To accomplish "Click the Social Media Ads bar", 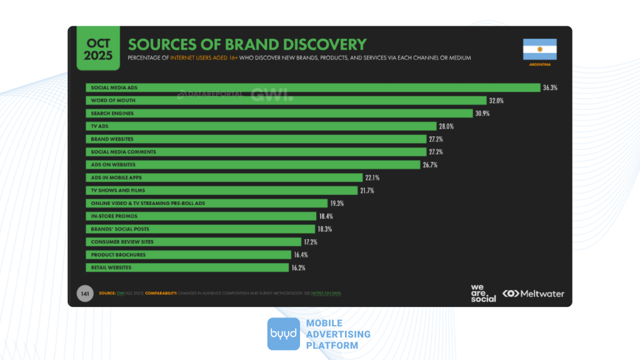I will tap(312, 87).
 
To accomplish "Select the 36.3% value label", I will tap(550, 87).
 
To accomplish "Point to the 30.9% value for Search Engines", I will tap(482, 113).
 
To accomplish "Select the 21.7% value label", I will tap(367, 191).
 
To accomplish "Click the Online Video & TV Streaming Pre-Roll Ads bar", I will tap(206, 203).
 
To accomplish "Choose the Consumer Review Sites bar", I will tap(194, 242).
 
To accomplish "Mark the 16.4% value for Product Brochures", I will tap(301, 254).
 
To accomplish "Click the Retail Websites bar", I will tap(187, 267).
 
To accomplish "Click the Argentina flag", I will tap(539, 49).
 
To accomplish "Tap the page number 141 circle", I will tap(83, 293).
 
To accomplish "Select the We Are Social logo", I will tap(483, 293).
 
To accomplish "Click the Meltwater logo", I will tap(533, 293).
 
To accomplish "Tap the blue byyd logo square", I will tap(284, 334).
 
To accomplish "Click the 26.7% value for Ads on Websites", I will tap(431, 165).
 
